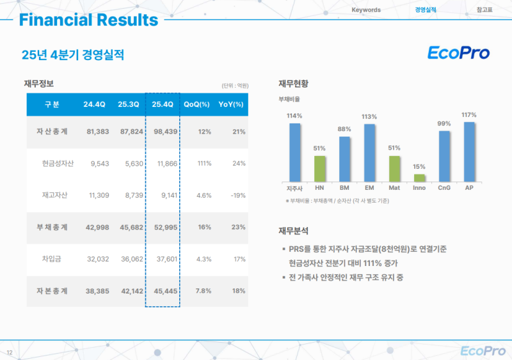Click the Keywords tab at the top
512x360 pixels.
366,10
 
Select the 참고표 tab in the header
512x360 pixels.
484,10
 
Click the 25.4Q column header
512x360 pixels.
163,104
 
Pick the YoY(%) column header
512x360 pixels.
231,104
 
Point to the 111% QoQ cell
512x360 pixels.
204,163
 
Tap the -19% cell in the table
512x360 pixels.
237,195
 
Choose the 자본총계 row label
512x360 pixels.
52,290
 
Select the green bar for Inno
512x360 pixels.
419,177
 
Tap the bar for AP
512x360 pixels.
469,151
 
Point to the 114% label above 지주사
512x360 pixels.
294,116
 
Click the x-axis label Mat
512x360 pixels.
394,188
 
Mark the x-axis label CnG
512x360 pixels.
444,188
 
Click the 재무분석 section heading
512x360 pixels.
293,230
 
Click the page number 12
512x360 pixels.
9,353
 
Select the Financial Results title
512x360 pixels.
88,20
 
